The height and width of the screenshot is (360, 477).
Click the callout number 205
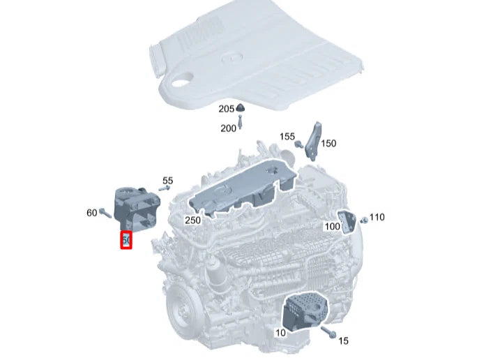coord(226,109)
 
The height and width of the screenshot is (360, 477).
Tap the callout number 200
coord(228,128)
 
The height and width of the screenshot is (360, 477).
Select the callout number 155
coord(287,137)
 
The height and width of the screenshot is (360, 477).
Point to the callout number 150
coord(328,143)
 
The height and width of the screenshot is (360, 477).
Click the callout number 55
coord(167,181)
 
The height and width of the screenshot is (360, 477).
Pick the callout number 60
coord(91,212)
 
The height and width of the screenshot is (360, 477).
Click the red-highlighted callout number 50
coord(126,240)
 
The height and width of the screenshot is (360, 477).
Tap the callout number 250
coord(193,220)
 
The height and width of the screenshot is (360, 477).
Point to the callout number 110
coord(377,217)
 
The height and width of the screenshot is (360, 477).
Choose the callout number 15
coord(342,340)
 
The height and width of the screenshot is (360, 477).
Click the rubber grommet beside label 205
coord(241,107)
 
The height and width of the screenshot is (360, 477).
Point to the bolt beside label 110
coord(363,218)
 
